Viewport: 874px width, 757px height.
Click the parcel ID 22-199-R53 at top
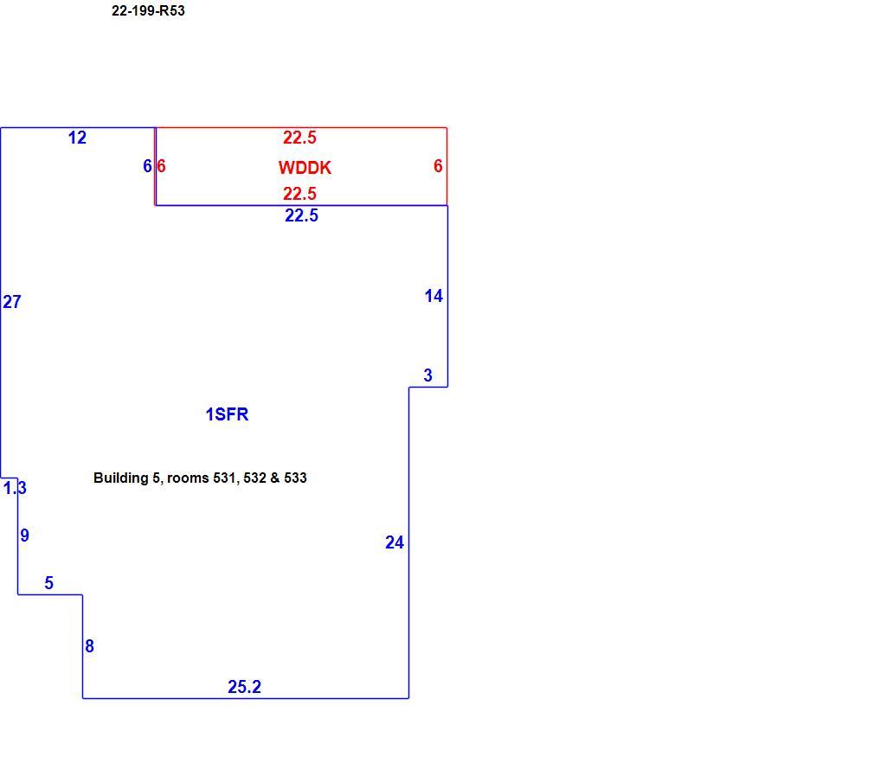tap(148, 10)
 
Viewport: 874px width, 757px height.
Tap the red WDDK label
tap(305, 167)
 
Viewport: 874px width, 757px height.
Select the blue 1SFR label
tap(227, 414)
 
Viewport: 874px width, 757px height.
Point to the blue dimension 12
tap(78, 138)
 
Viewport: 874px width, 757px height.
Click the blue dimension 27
tap(12, 302)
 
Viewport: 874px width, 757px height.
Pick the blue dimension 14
tap(434, 296)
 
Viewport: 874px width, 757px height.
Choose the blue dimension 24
tap(395, 542)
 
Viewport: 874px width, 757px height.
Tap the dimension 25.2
tap(244, 687)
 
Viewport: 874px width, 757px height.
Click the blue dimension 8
tap(89, 646)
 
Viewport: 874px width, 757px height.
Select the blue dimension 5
tap(49, 583)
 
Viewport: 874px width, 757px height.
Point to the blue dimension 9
tap(24, 536)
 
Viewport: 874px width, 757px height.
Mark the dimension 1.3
tap(15, 488)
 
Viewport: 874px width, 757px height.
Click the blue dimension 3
tap(428, 375)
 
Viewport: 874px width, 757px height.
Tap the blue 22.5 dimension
tap(301, 215)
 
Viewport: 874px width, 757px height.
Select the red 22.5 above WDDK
tap(300, 138)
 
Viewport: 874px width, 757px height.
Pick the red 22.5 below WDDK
tap(300, 194)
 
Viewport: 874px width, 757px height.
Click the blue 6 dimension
tap(147, 166)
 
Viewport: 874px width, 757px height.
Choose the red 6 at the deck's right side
tap(438, 166)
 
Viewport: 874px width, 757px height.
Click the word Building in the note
tap(121, 478)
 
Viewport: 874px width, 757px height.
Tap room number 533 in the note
tap(295, 478)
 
